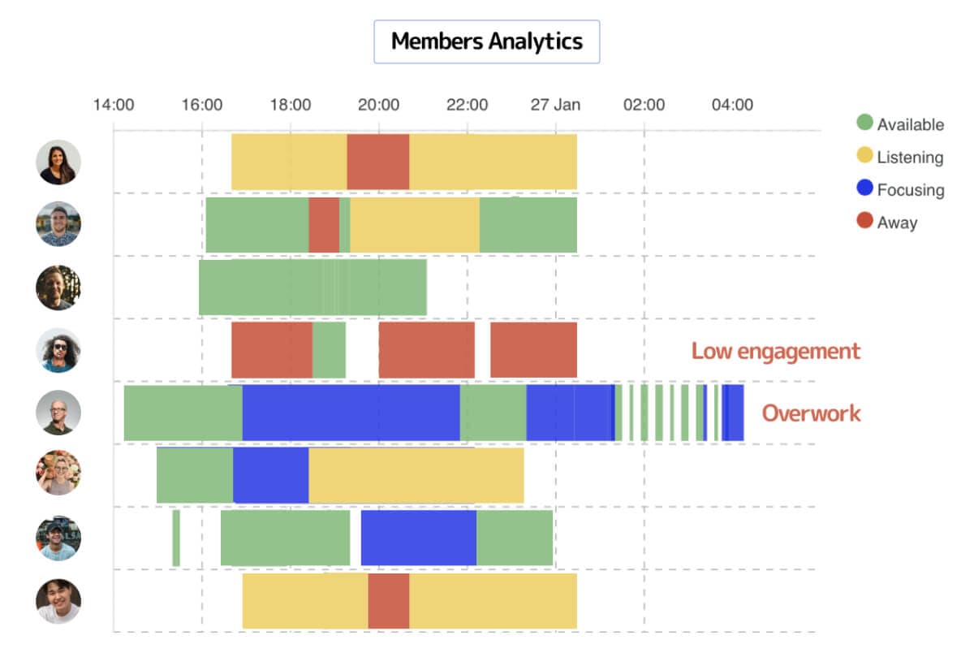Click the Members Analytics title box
pyautogui.click(x=486, y=41)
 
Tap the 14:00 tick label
pyautogui.click(x=114, y=105)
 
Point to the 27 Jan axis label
pyautogui.click(x=555, y=105)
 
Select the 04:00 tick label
pyautogui.click(x=732, y=105)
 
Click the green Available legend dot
pyautogui.click(x=865, y=123)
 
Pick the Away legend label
pyautogui.click(x=897, y=223)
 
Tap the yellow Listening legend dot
pyautogui.click(x=865, y=157)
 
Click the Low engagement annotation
pyautogui.click(x=775, y=351)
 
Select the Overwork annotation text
pyautogui.click(x=811, y=413)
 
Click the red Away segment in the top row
pyautogui.click(x=377, y=162)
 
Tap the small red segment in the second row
pyautogui.click(x=324, y=225)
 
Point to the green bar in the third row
pyautogui.click(x=312, y=287)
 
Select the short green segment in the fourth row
pyautogui.click(x=329, y=350)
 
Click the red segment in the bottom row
pyautogui.click(x=388, y=601)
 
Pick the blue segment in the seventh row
pyautogui.click(x=418, y=538)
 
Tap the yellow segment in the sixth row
pyautogui.click(x=416, y=474)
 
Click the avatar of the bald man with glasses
pyautogui.click(x=58, y=413)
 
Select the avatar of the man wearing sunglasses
pyautogui.click(x=58, y=350)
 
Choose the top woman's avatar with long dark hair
pyautogui.click(x=58, y=162)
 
